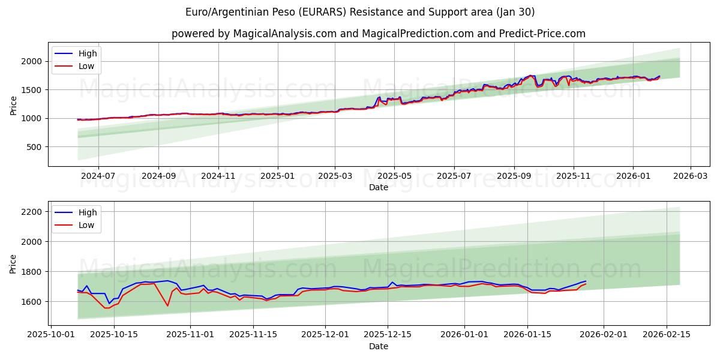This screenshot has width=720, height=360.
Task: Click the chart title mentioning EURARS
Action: coord(360,12)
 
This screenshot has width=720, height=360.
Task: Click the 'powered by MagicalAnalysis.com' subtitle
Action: coord(378,34)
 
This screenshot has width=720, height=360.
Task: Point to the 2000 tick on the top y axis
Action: coord(31,61)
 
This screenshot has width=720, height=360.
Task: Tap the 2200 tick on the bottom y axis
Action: coord(31,212)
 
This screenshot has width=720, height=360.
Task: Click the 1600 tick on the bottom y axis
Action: coord(31,301)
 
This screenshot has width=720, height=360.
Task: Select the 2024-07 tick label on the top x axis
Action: coord(98,176)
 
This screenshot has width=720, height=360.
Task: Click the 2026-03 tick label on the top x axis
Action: coord(690,176)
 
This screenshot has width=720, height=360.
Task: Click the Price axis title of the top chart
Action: coord(14,106)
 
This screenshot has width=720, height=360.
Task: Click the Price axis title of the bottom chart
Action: coord(14,264)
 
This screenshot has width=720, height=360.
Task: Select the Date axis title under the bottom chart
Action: coord(378,346)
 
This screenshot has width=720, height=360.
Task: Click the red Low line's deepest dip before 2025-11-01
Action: coord(167,306)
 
